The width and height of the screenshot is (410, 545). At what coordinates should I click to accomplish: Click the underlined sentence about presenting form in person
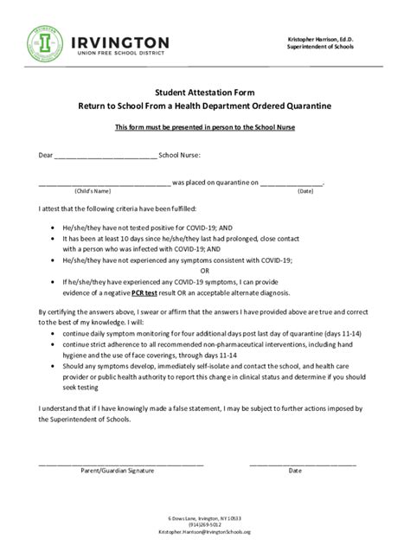click(205, 128)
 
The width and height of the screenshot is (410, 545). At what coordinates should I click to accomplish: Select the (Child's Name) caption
click(93, 190)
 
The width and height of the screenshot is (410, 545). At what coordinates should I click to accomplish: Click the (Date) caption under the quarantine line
click(305, 190)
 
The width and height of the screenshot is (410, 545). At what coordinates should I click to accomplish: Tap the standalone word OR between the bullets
click(205, 269)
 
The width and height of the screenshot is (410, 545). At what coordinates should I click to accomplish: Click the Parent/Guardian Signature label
click(117, 471)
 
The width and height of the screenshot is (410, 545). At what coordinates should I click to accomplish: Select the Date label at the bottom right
click(296, 471)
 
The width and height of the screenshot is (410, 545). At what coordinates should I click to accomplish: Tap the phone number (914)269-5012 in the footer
click(205, 524)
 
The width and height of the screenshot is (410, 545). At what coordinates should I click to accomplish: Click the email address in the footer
click(205, 532)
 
